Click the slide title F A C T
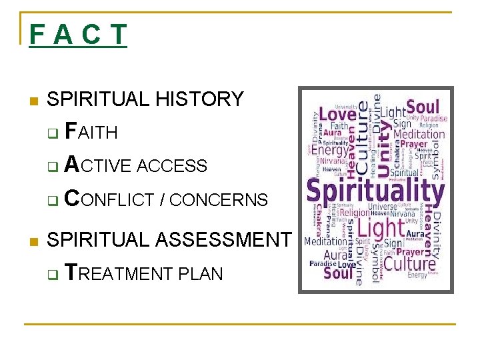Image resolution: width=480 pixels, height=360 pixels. (77, 35)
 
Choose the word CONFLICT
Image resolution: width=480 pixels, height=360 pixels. (111, 199)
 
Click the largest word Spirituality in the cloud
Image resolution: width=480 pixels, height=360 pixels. (375, 192)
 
